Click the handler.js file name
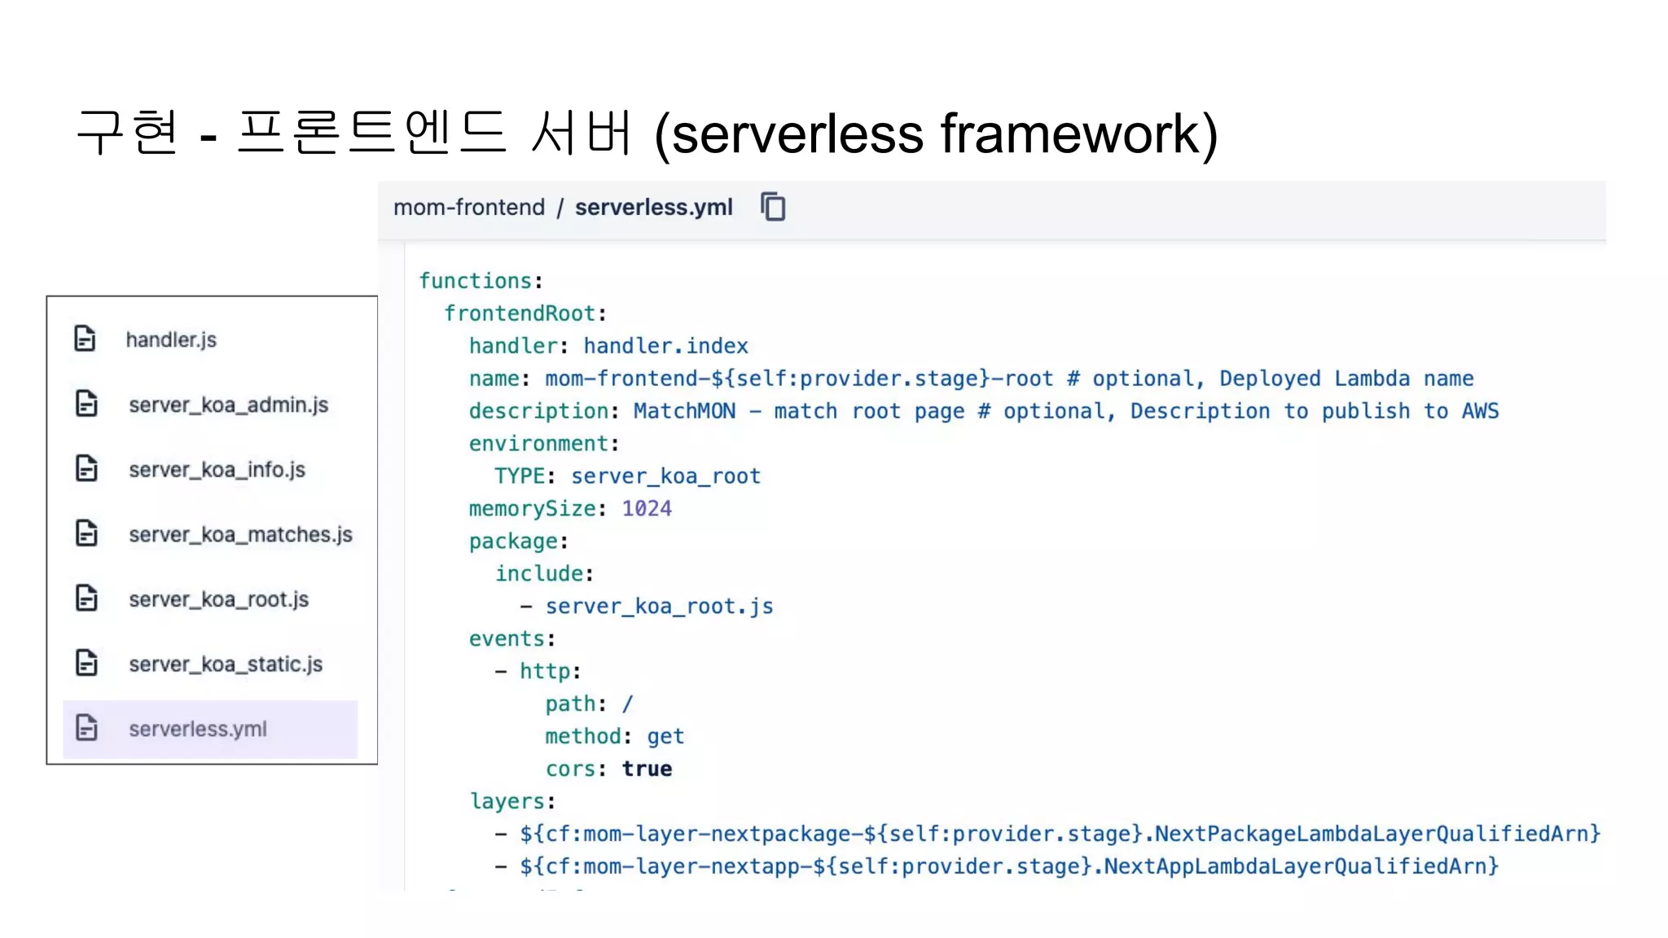171,340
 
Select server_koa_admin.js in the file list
228,405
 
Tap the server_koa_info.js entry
217,470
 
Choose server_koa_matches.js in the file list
240,534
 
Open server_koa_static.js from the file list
226,664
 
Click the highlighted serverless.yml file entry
198,729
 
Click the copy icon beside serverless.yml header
773,207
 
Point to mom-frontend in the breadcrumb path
469,208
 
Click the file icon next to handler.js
86,339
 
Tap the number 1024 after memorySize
647,509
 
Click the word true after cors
647,769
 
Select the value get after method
665,736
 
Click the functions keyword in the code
476,281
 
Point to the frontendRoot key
520,313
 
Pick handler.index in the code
665,346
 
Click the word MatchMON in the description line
684,411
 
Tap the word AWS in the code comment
1480,411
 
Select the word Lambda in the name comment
1372,379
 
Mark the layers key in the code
507,801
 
